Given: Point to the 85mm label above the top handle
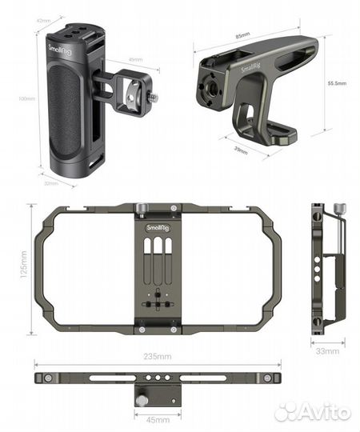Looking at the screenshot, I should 243,35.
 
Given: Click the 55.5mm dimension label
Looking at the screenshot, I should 337,82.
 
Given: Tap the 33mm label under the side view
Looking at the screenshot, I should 327,351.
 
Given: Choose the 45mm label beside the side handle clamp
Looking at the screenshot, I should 135,59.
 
